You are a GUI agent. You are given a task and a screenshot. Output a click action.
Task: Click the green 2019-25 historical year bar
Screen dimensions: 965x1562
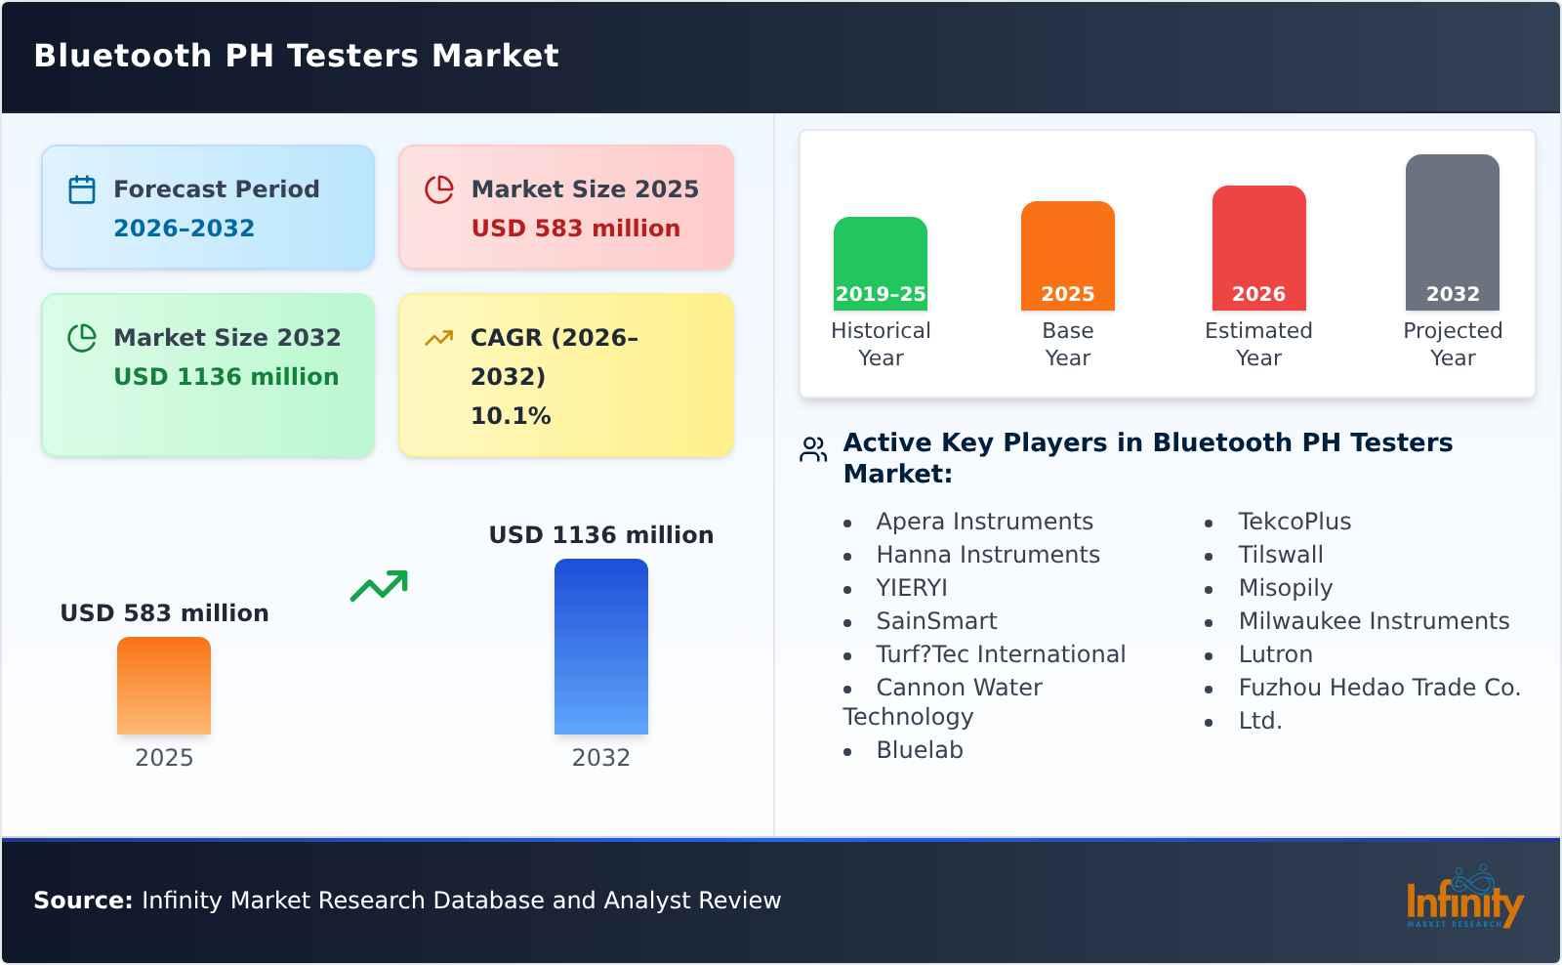click(x=880, y=263)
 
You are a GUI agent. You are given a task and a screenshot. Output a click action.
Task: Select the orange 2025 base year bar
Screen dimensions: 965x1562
click(x=1067, y=255)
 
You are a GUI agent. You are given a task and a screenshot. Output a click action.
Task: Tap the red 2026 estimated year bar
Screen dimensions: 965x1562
click(x=1258, y=247)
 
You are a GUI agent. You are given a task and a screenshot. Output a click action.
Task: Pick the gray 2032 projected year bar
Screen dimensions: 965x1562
click(x=1452, y=231)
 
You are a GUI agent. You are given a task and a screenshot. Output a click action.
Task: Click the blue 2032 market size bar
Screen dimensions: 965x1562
click(x=600, y=646)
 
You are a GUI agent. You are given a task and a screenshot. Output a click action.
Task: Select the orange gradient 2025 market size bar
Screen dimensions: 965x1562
click(x=164, y=685)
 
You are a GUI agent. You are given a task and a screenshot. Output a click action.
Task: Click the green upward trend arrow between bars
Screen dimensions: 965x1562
click(x=379, y=586)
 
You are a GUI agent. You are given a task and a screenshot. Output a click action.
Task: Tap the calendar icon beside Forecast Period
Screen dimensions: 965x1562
click(x=82, y=189)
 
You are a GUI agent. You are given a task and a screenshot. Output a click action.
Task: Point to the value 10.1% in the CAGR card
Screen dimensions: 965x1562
click(x=511, y=416)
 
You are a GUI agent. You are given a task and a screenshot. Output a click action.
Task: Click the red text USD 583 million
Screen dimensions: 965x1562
click(x=575, y=229)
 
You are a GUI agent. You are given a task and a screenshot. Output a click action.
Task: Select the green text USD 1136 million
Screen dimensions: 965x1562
click(x=226, y=377)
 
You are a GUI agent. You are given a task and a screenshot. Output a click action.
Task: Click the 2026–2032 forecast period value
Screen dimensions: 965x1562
click(x=184, y=229)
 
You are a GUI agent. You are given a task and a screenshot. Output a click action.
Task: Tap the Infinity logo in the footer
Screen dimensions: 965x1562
click(x=1463, y=899)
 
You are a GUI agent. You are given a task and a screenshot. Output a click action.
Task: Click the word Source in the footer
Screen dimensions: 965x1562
click(x=82, y=901)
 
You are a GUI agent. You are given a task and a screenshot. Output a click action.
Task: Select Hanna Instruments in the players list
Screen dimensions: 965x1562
click(x=987, y=555)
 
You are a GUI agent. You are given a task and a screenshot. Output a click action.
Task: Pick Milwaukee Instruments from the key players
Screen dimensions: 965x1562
click(x=1373, y=621)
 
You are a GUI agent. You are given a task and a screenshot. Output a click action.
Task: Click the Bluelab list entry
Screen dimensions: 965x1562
click(x=919, y=750)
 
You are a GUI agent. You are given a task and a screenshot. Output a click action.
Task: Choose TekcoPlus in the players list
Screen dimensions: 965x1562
click(x=1294, y=522)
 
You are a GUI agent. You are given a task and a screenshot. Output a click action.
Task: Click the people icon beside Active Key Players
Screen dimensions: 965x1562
click(x=813, y=449)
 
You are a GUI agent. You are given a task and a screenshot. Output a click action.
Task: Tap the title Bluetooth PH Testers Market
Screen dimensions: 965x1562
click(x=296, y=56)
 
